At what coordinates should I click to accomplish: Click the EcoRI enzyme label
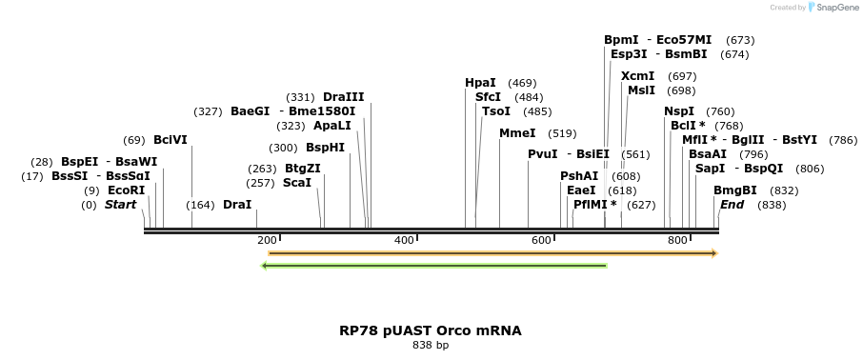(x=126, y=190)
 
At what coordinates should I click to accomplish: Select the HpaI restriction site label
(x=480, y=83)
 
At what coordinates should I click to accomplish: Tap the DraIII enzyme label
(x=343, y=97)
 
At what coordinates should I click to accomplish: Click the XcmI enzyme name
(x=637, y=76)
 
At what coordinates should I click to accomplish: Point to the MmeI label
(x=517, y=133)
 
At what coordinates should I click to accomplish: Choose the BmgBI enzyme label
(x=734, y=190)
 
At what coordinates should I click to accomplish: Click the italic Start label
(x=120, y=205)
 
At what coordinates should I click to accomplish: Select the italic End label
(x=732, y=205)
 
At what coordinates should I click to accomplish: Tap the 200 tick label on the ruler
(x=267, y=240)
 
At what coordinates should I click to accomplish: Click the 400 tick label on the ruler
(x=404, y=240)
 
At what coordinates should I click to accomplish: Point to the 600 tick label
(x=541, y=240)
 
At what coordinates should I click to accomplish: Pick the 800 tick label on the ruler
(x=677, y=240)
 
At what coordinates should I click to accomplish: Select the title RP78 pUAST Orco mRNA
(x=431, y=331)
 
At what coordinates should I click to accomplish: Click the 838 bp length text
(x=431, y=346)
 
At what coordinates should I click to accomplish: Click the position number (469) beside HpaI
(x=522, y=84)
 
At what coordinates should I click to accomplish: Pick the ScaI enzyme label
(x=297, y=183)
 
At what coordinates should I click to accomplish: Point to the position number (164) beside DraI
(x=200, y=205)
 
